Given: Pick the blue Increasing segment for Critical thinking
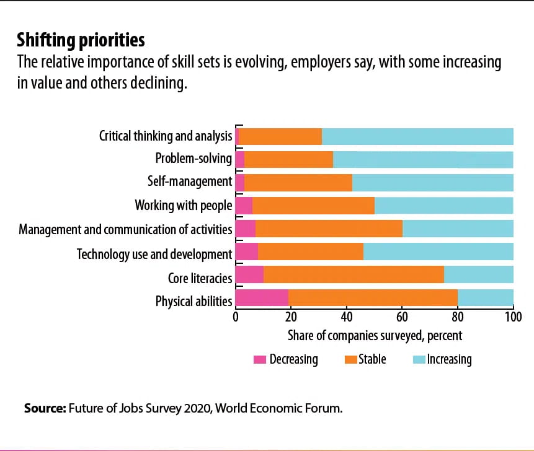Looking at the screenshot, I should [x=417, y=136].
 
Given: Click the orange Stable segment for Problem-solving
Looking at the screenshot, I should [x=288, y=159].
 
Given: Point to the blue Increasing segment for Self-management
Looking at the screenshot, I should [x=432, y=182].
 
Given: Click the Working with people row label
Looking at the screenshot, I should [x=184, y=206].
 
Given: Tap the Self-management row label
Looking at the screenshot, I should [x=190, y=182].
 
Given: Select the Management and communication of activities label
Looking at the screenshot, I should [x=125, y=229].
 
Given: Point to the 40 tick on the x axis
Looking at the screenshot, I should [x=347, y=317].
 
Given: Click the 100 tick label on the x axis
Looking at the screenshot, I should [x=513, y=317].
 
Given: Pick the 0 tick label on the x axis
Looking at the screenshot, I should [x=236, y=317].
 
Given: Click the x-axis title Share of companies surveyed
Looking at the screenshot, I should [x=375, y=336].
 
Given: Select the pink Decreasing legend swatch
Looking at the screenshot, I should [x=260, y=359].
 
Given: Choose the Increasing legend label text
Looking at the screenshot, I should [x=449, y=359].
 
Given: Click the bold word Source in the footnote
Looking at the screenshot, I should [x=45, y=409].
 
